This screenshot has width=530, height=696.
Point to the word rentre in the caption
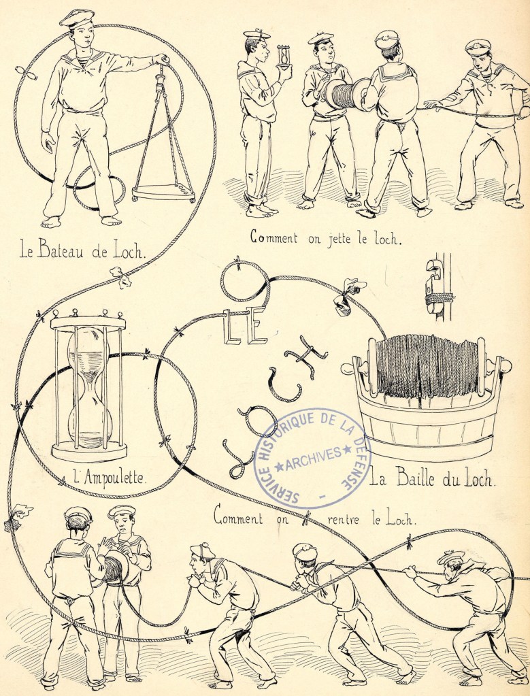tap(343, 519)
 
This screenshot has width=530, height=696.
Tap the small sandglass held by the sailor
tap(283, 56)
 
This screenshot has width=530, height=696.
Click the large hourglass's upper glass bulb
tap(90, 353)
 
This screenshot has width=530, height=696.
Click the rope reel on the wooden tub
tap(427, 366)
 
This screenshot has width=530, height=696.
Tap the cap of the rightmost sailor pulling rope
tap(451, 557)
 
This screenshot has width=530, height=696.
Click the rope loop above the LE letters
tap(244, 282)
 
